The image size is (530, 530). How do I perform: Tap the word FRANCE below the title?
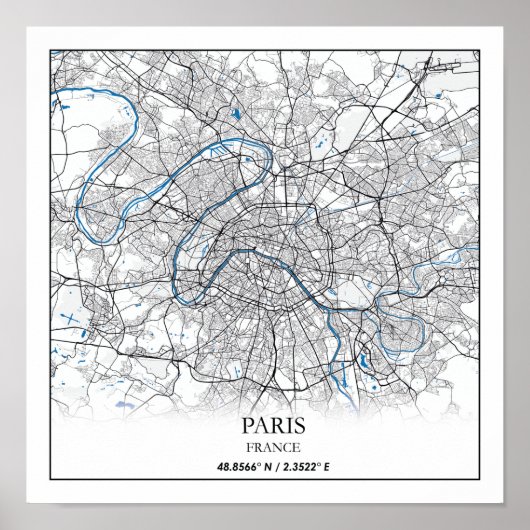(265, 446)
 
